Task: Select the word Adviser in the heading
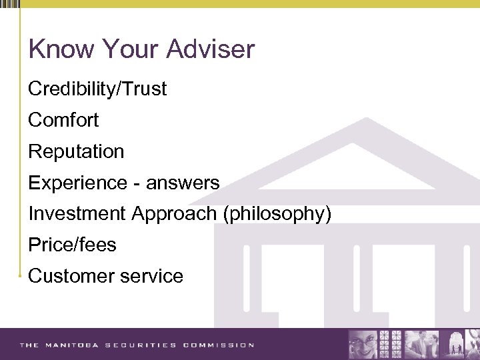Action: (x=211, y=49)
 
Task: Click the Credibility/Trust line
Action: (x=97, y=89)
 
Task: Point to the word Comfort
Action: (x=63, y=120)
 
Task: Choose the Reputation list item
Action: (x=76, y=151)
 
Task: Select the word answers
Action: (x=183, y=183)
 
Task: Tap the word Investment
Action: (x=77, y=214)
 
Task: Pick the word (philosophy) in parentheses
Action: (x=277, y=214)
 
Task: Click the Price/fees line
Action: (x=72, y=245)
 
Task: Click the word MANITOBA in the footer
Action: (x=74, y=345)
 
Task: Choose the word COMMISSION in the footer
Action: (x=219, y=345)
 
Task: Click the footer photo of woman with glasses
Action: (x=363, y=344)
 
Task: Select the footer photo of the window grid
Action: (x=390, y=344)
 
